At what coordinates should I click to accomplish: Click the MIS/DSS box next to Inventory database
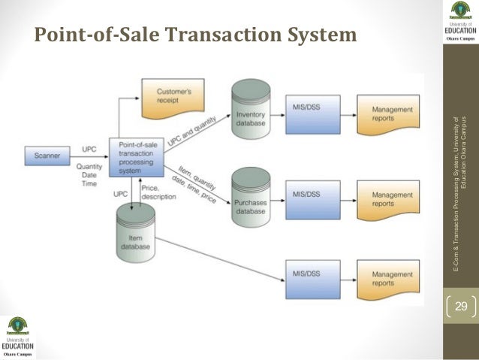pyautogui.click(x=307, y=111)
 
